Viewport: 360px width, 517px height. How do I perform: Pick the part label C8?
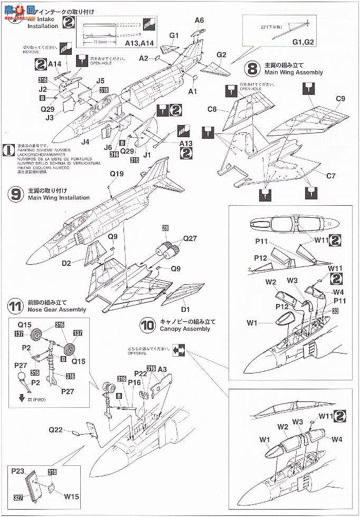pos(213,109)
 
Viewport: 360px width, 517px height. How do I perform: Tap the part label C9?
pos(340,99)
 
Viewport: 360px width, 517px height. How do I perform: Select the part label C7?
pos(330,176)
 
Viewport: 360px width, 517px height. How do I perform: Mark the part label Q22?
pos(57,430)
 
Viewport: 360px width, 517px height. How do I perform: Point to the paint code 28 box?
pos(165,228)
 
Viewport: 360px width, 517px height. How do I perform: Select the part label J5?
pos(100,81)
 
